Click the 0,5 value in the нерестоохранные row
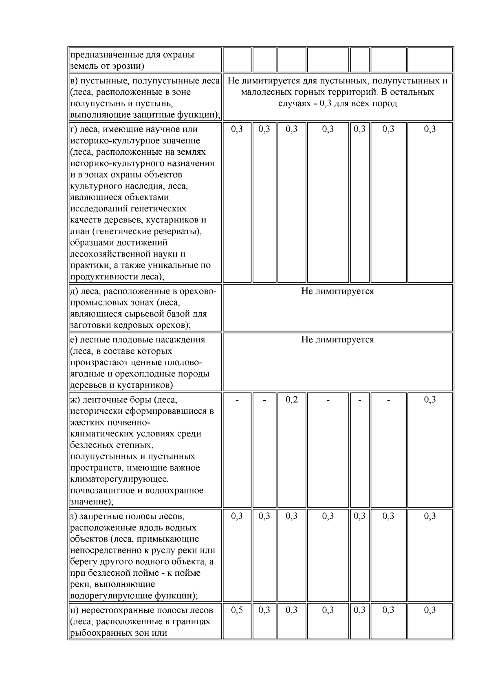[237, 610]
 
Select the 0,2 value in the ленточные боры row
[291, 399]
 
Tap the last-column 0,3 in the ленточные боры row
[430, 399]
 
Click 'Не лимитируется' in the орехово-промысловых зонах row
[337, 291]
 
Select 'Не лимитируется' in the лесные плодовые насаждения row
[337, 340]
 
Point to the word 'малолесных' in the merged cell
[262, 92]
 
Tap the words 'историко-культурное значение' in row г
[135, 140]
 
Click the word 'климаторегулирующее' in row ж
[119, 479]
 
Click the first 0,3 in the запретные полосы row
[237, 516]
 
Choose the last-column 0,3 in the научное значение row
[430, 129]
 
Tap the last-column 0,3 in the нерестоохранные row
[430, 610]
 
